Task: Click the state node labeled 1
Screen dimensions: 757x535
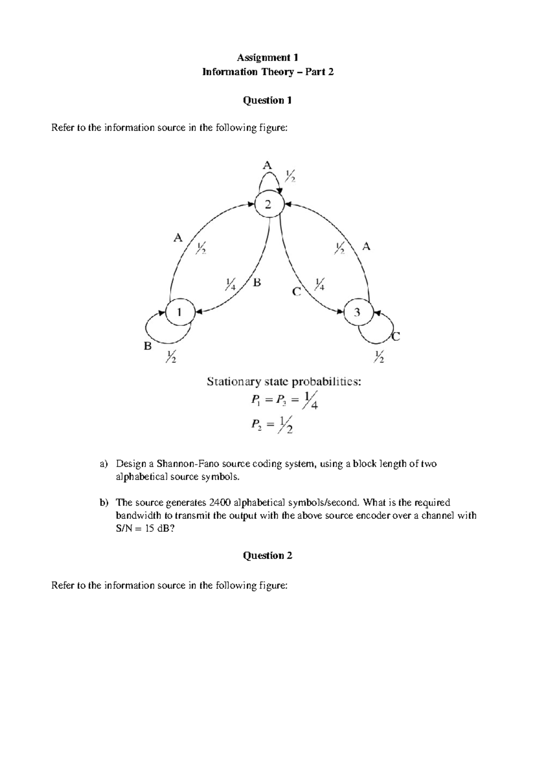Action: point(180,313)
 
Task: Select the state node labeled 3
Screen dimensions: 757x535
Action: point(358,312)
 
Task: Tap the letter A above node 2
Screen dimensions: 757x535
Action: point(267,165)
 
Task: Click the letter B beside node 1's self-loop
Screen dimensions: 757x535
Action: point(148,346)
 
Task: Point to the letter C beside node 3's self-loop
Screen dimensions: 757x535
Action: point(395,337)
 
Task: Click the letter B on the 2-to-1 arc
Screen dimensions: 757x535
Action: point(257,282)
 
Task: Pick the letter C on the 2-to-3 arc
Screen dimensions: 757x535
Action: point(296,292)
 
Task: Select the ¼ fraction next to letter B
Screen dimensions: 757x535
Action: point(230,284)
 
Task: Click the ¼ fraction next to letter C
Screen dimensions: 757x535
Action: point(320,284)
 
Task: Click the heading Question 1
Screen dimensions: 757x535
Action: point(267,100)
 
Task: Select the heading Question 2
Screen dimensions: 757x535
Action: point(267,555)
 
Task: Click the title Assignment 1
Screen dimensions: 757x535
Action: point(267,58)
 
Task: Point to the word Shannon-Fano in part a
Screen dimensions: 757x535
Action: point(182,464)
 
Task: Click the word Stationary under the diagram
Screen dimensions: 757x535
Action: point(233,382)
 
